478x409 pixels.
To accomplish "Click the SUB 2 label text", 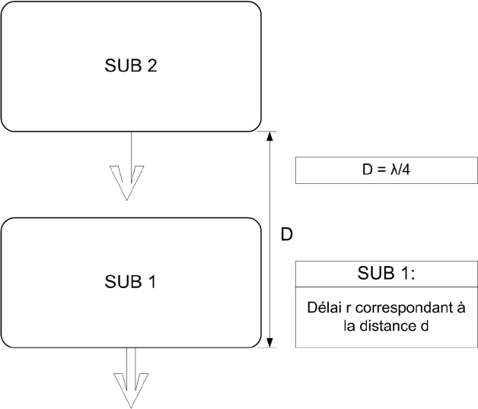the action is coord(131,65).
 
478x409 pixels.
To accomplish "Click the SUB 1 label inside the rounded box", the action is coord(130,281).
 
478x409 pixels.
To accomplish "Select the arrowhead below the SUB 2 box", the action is coord(126,182).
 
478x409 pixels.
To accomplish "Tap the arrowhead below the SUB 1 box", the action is coord(131,391).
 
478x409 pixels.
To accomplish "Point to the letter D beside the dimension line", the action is coord(286,234).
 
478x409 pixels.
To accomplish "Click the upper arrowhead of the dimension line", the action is coord(269,136).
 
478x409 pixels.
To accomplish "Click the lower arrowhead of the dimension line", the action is coord(269,343).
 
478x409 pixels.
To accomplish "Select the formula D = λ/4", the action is coord(386,170).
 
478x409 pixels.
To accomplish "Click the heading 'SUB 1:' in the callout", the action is coord(386,273).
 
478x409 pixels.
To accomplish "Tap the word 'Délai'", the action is coord(324,308).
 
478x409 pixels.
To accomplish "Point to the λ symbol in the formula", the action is coord(394,170).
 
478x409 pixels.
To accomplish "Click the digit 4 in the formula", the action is coord(406,170).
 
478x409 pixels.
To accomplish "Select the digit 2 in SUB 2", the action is coord(152,65).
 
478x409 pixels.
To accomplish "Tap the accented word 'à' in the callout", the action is coord(461,308).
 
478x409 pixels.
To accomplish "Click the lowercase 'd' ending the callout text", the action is coord(425,326).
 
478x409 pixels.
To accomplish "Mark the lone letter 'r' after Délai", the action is coord(349,309).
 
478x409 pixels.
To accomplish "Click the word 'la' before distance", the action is coord(349,326).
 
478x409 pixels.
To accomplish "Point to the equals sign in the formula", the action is coord(381,170).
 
